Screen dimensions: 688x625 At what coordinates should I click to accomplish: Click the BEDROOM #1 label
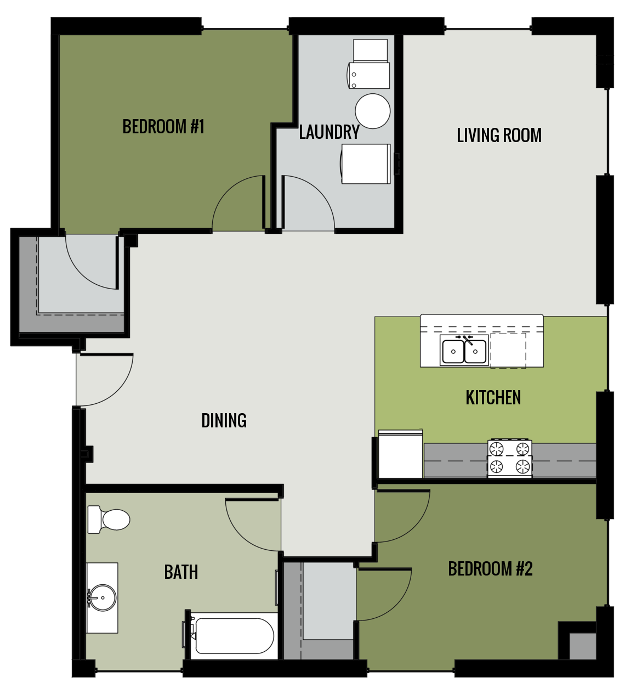163,127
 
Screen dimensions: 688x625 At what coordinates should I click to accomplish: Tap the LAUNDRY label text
329,132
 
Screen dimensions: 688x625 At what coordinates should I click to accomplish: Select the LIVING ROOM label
499,136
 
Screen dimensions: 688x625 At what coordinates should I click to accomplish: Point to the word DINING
224,421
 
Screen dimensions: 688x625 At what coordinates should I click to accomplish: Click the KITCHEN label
493,398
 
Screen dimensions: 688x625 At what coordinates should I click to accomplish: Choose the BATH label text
181,572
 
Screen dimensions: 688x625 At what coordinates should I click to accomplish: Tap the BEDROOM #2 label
490,569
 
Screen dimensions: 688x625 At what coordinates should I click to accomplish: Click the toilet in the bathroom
110,520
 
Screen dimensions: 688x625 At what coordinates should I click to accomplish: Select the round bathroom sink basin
103,597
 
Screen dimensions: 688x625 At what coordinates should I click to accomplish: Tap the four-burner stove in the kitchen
509,458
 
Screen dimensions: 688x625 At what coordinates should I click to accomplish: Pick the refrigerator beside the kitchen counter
400,454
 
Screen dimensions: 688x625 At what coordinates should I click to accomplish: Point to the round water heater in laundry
373,111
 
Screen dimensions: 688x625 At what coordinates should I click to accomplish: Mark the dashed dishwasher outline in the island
508,350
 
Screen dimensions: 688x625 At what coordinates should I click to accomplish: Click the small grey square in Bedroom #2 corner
582,646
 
